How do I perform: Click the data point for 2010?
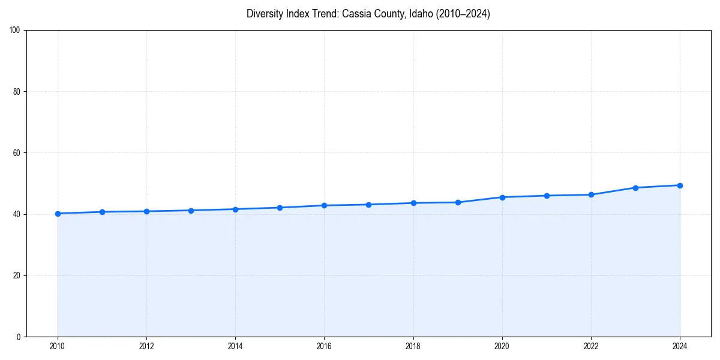click(x=58, y=214)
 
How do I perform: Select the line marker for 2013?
click(x=191, y=211)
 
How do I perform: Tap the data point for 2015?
click(x=280, y=208)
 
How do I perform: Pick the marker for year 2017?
click(x=368, y=205)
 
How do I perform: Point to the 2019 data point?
click(x=458, y=202)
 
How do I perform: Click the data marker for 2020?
click(x=502, y=197)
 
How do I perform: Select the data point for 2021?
click(x=547, y=196)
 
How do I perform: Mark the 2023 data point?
click(x=635, y=188)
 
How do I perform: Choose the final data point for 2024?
click(x=680, y=185)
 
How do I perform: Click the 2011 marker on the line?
click(x=102, y=212)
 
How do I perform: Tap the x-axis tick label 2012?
click(x=146, y=346)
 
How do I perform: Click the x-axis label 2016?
click(x=324, y=346)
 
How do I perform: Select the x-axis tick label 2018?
click(x=413, y=346)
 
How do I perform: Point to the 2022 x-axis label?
click(x=591, y=346)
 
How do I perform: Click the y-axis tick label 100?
click(x=15, y=31)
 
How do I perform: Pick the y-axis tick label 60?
click(x=17, y=153)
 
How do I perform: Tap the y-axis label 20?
click(x=17, y=275)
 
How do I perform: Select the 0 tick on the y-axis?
click(x=19, y=337)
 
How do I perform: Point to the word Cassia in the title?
click(x=356, y=14)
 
